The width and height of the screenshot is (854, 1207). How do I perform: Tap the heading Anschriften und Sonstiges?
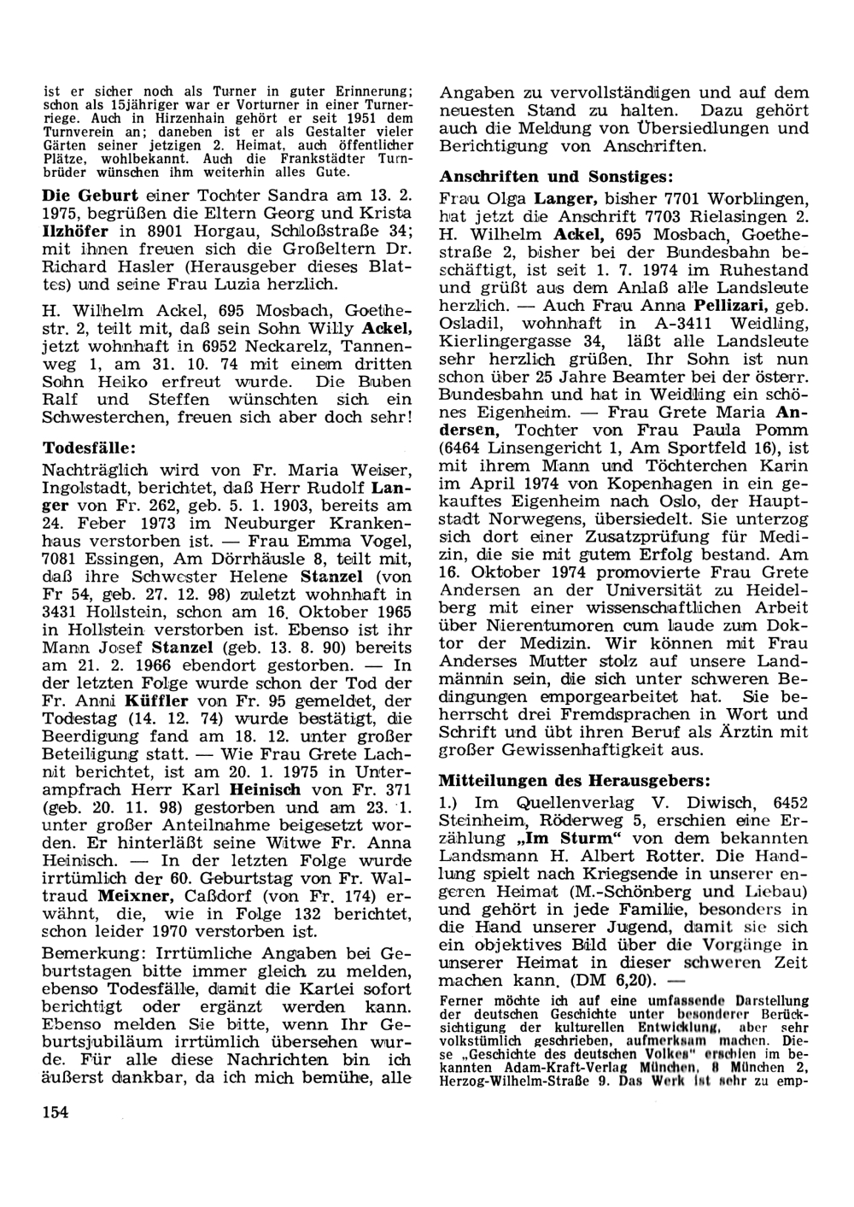click(x=555, y=177)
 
